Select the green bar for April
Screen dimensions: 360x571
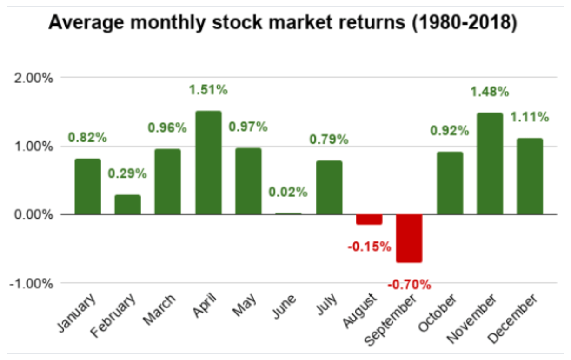(208, 163)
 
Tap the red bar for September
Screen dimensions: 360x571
(409, 238)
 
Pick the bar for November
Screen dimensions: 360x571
(490, 164)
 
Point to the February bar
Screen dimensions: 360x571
(127, 205)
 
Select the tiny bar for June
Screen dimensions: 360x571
(288, 213)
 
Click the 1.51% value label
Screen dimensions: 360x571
(208, 89)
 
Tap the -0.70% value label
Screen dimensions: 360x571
(409, 284)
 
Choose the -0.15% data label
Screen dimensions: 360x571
(369, 247)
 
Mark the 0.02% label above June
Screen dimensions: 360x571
(288, 192)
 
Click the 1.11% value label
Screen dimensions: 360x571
(530, 117)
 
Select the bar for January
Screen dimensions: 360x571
(87, 187)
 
